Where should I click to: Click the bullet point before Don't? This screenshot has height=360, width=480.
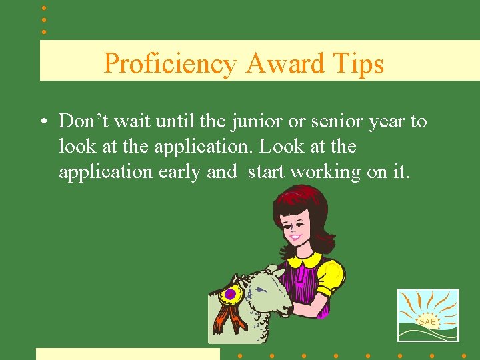pyautogui.click(x=43, y=123)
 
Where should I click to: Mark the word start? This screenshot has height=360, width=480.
pyautogui.click(x=267, y=172)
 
